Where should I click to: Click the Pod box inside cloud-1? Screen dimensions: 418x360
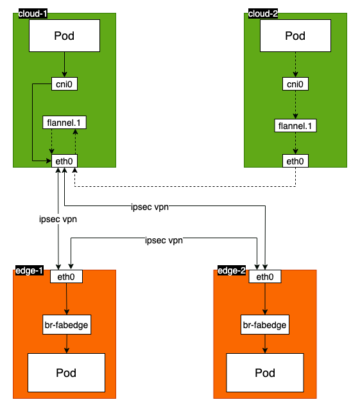(64, 35)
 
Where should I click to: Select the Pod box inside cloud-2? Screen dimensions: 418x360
(295, 35)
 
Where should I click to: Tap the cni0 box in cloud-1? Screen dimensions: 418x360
(64, 83)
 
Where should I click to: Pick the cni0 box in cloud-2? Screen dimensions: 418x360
(295, 83)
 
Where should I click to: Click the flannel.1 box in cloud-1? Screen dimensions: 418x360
(64, 122)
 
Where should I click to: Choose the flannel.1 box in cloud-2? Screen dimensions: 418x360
(295, 125)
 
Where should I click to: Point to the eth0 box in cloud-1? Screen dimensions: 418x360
(64, 161)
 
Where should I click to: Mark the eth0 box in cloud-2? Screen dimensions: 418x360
(295, 161)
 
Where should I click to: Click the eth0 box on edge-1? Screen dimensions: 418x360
(67, 277)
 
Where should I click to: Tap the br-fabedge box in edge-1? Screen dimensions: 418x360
(67, 324)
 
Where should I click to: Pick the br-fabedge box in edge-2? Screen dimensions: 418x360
(265, 324)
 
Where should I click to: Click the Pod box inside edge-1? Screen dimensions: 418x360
(67, 372)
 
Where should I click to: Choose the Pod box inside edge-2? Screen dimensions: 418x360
(265, 372)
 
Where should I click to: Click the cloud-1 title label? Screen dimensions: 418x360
(33, 14)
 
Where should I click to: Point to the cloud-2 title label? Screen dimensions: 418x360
(263, 14)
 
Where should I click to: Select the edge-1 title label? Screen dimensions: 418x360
(29, 271)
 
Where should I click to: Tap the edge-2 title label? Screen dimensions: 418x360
(232, 271)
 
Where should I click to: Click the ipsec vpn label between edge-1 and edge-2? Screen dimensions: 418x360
(164, 241)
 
